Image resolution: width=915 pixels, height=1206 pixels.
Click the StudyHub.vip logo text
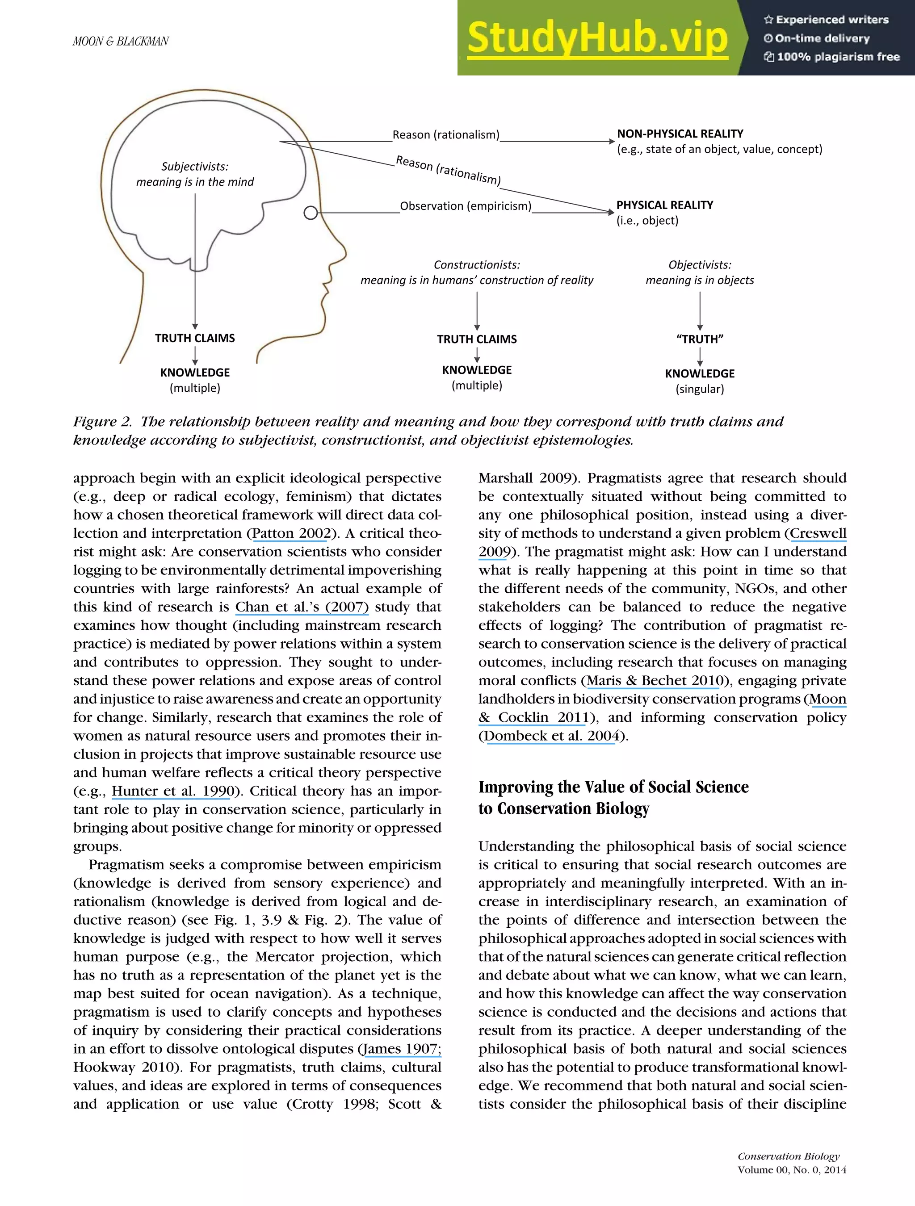[x=597, y=38]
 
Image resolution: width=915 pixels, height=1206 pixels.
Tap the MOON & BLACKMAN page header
[x=121, y=42]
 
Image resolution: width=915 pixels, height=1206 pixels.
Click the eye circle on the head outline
[x=310, y=213]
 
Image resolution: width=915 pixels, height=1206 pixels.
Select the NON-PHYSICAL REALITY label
[x=680, y=134]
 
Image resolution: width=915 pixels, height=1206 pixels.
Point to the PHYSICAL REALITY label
[x=664, y=205]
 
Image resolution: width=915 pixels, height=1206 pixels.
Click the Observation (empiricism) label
[x=465, y=206]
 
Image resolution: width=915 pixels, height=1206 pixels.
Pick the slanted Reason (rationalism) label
[x=448, y=170]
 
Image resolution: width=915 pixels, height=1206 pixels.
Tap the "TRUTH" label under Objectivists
[x=700, y=339]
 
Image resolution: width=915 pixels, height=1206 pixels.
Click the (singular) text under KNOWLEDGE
[x=700, y=389]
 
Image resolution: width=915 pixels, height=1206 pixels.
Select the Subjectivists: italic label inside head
[x=195, y=166]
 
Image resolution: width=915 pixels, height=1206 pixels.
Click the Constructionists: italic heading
[x=477, y=265]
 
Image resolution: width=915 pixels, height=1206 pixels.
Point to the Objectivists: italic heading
[x=700, y=265]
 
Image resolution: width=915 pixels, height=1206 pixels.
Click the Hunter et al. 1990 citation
[x=173, y=791]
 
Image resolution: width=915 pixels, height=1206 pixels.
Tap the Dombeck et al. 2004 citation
[x=551, y=736]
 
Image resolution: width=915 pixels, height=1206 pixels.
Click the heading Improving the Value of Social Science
[x=613, y=787]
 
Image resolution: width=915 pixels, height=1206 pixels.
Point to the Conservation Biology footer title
[x=788, y=1156]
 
